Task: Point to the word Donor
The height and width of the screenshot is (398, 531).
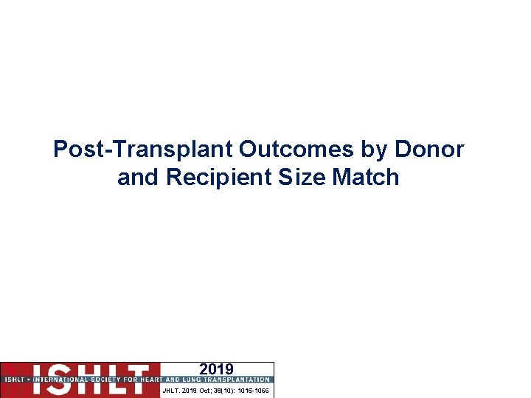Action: click(429, 150)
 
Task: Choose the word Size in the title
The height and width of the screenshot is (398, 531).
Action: click(295, 178)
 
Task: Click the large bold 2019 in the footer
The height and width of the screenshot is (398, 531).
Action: click(216, 369)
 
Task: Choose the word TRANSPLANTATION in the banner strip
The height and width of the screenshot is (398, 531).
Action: click(237, 380)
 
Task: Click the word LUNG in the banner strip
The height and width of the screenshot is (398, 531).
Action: click(194, 380)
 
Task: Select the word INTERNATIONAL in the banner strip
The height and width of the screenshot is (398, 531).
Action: click(55, 380)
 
